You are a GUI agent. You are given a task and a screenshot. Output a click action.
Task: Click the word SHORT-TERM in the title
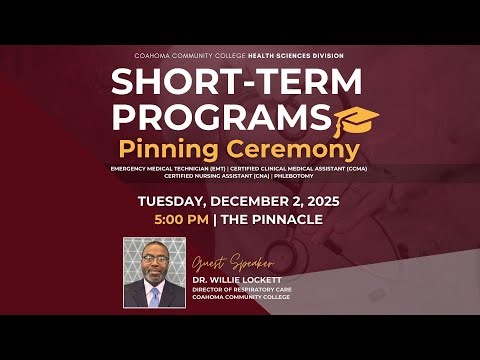point(239,81)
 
